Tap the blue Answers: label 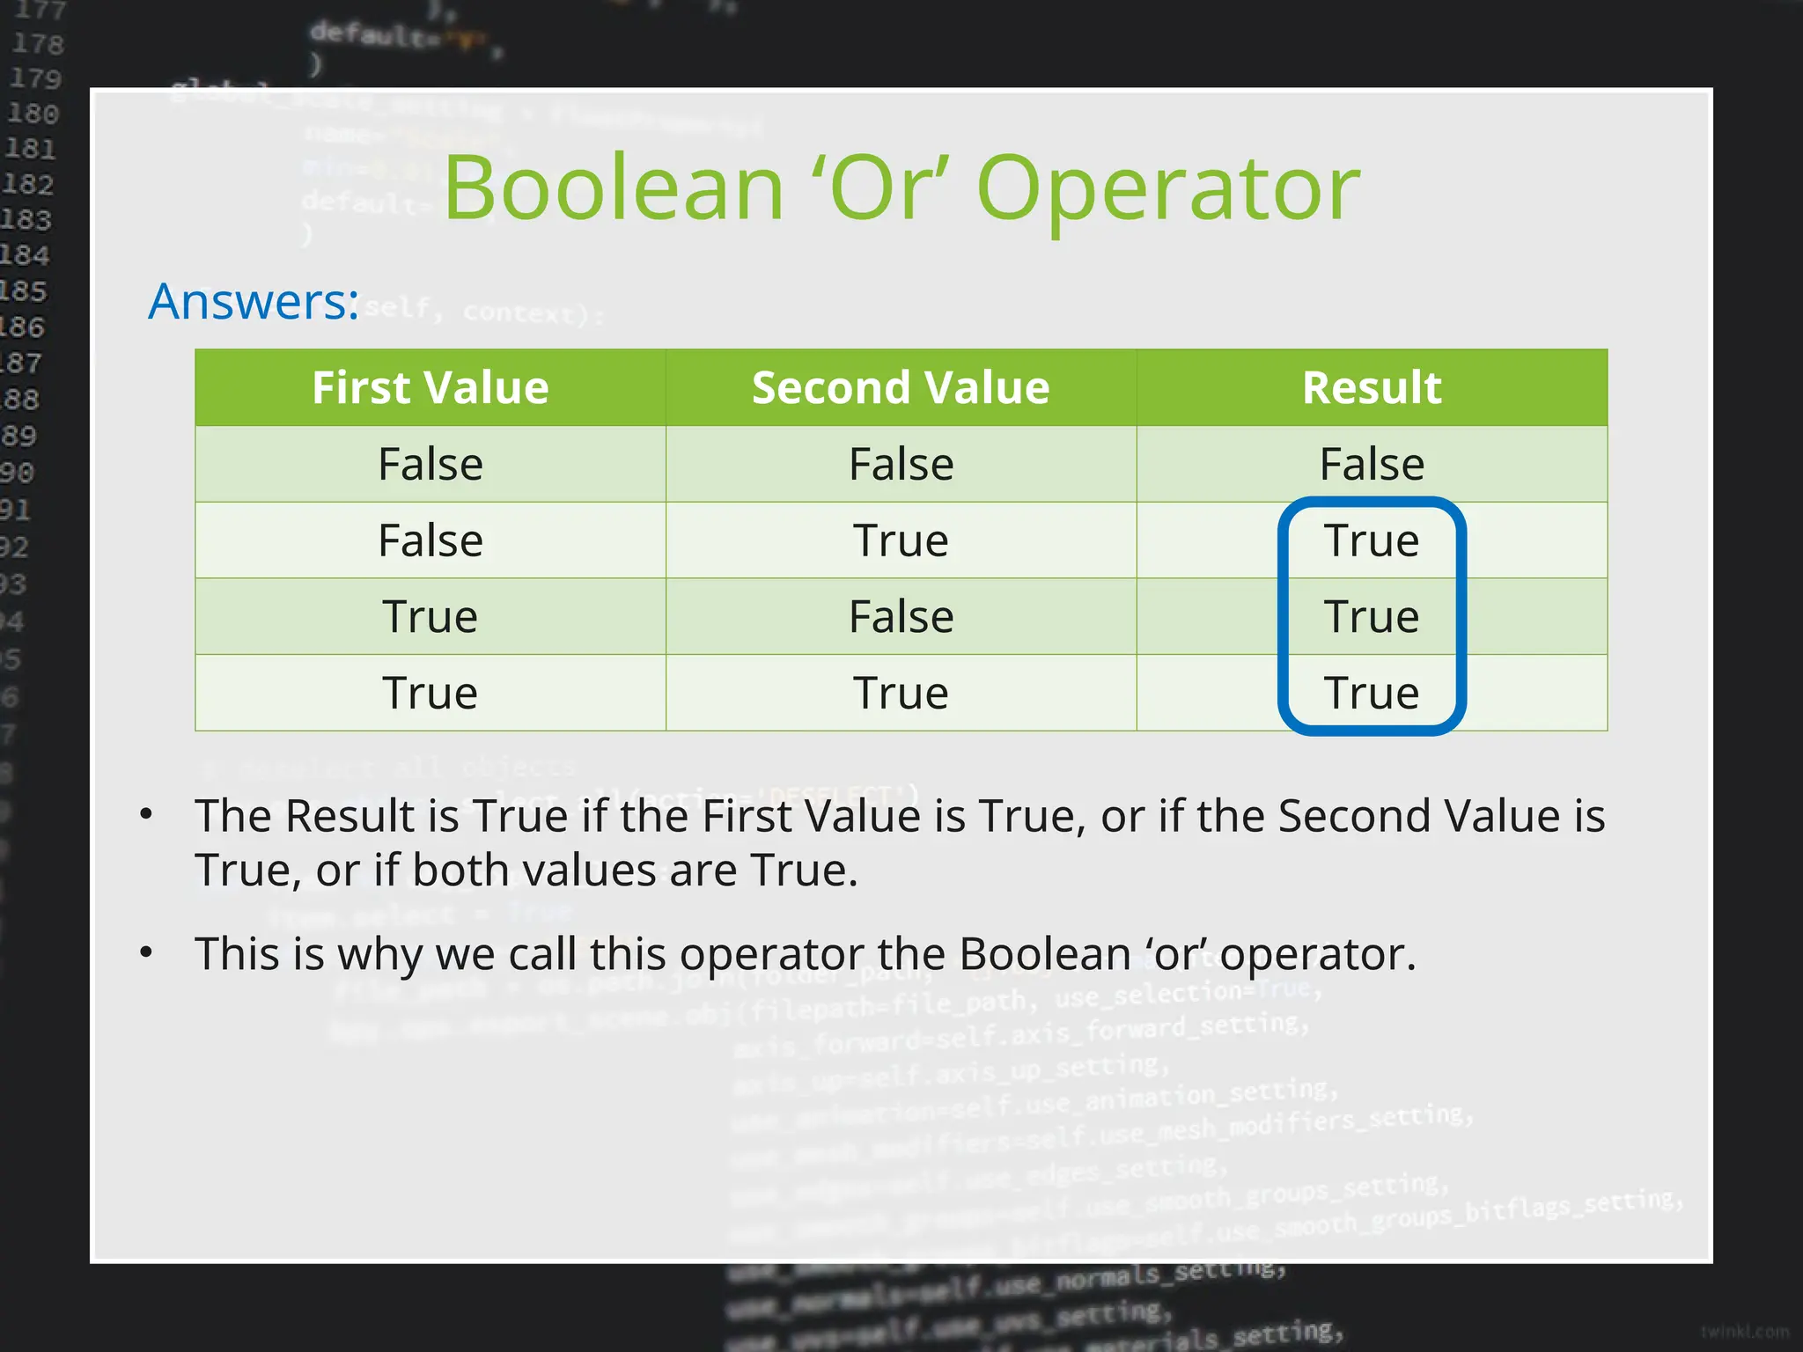[x=254, y=301]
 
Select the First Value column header [x=430, y=388]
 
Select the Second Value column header [x=901, y=388]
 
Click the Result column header [x=1372, y=388]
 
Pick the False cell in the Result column [x=1372, y=464]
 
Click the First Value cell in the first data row [x=430, y=464]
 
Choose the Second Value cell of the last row [x=901, y=693]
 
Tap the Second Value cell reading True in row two [x=901, y=540]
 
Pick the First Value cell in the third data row [x=430, y=616]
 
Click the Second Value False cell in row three [x=901, y=616]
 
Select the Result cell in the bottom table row [x=1372, y=693]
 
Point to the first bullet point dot [x=147, y=814]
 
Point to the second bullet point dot [x=147, y=952]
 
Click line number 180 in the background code [x=33, y=114]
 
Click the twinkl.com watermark [x=1744, y=1331]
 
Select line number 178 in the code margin [x=37, y=43]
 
